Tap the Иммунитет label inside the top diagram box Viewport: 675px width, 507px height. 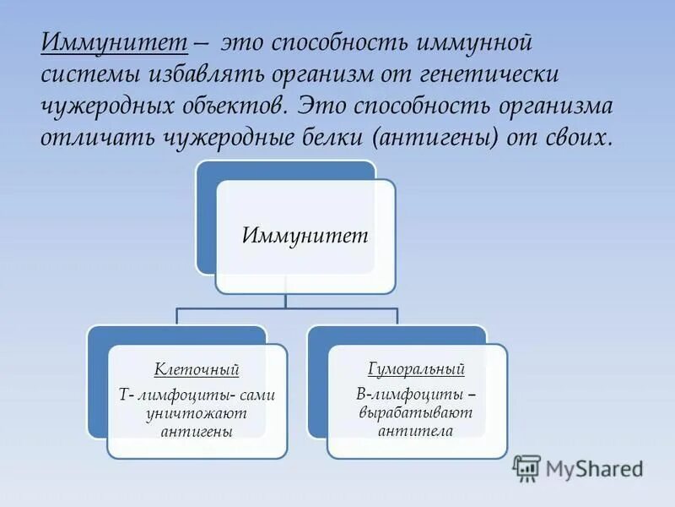[305, 235]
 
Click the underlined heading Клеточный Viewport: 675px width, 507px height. [197, 369]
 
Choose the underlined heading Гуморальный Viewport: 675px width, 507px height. [416, 369]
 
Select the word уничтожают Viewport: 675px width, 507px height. [197, 413]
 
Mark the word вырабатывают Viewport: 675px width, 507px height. [416, 412]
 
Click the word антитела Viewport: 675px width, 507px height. [416, 431]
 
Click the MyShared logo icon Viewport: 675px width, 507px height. [526, 468]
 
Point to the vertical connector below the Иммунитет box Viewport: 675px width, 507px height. [286, 301]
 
